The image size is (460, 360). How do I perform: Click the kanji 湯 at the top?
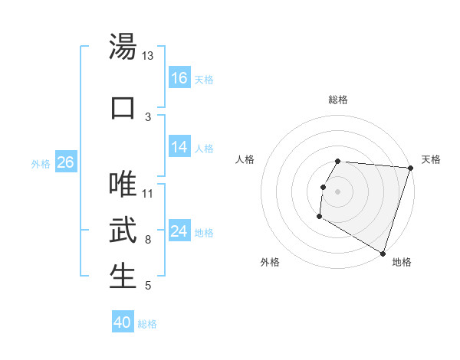click(x=123, y=47)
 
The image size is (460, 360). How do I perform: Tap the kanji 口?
click(x=123, y=107)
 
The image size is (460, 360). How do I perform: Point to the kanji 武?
click(x=123, y=230)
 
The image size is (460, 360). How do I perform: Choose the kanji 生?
click(x=123, y=277)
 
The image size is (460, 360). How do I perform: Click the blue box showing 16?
click(x=179, y=78)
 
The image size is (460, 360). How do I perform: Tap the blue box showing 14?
click(x=179, y=148)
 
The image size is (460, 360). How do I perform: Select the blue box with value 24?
click(x=179, y=232)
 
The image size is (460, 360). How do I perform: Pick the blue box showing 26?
click(x=65, y=162)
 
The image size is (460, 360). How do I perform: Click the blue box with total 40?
click(x=123, y=322)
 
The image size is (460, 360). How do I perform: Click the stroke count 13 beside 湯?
click(x=148, y=56)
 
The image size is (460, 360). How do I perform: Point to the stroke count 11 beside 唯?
click(x=148, y=193)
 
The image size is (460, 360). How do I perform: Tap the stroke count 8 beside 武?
click(x=148, y=240)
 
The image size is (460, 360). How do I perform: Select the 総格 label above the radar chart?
click(x=338, y=100)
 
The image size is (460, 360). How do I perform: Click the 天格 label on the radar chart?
click(x=431, y=159)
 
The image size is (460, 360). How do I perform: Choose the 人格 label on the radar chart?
click(x=245, y=159)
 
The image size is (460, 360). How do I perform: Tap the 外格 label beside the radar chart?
click(x=270, y=262)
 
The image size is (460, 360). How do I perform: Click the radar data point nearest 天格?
click(x=410, y=169)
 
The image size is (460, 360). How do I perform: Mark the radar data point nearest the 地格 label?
click(x=383, y=252)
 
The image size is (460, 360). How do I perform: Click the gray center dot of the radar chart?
click(x=338, y=191)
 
